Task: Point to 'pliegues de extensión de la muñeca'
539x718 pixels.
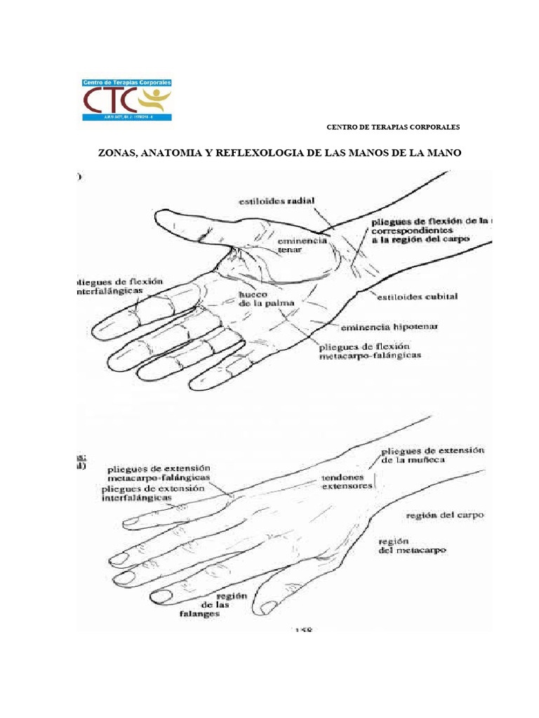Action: tap(433, 455)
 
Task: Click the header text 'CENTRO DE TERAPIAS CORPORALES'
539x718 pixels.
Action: tap(394, 128)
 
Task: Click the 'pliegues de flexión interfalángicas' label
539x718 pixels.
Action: tap(119, 285)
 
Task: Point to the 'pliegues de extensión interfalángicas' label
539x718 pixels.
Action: tap(153, 492)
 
